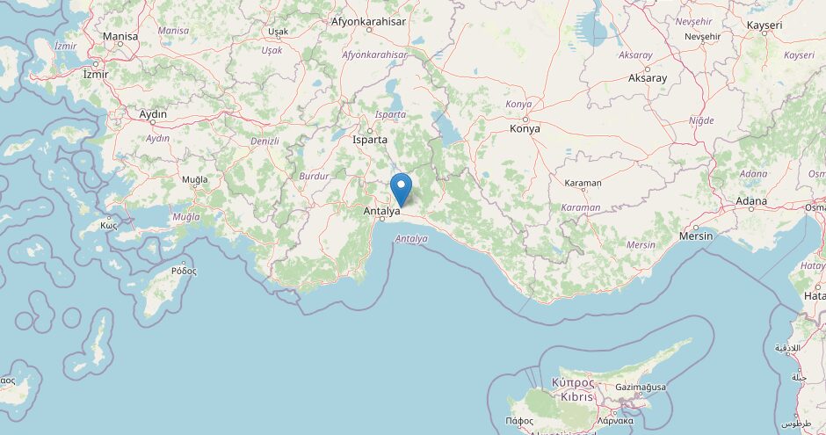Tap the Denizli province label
264,141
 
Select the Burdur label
314,176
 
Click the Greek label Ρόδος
184,271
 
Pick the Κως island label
109,224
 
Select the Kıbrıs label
573,396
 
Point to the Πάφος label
519,421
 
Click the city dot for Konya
525,119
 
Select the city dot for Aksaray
648,68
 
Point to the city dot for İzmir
96,64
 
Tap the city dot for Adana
751,211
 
